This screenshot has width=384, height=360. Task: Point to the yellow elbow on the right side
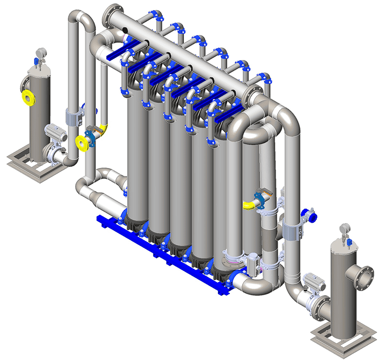click(249, 205)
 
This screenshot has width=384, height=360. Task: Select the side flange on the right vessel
click(365, 277)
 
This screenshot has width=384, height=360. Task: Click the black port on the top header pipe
click(125, 29)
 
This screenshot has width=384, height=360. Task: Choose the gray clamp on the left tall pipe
click(73, 117)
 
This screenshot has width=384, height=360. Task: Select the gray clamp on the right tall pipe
click(293, 232)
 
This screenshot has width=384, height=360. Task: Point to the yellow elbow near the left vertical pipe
click(102, 128)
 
